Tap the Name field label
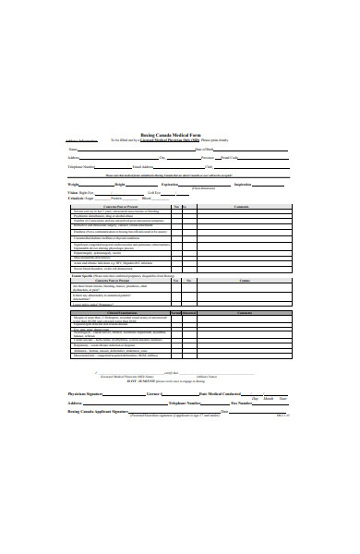pyautogui.click(x=73, y=149)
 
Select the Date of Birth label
pyautogui.click(x=204, y=149)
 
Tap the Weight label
pyautogui.click(x=73, y=185)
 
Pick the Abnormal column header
pyautogui.click(x=188, y=313)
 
